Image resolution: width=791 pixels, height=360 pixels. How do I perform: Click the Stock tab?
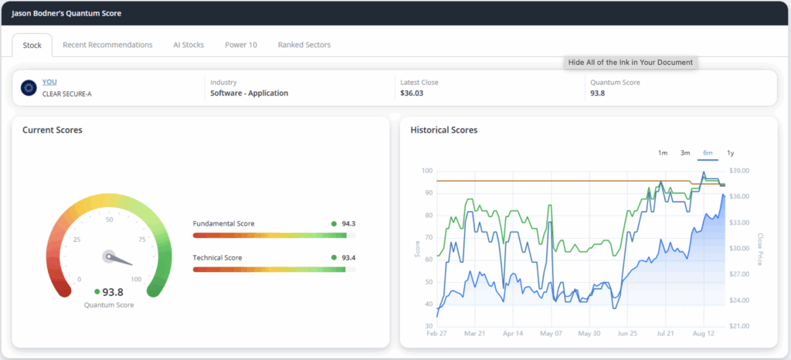(x=32, y=45)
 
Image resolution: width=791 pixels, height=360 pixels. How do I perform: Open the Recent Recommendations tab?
(x=107, y=45)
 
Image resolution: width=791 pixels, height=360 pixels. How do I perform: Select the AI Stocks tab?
(x=188, y=45)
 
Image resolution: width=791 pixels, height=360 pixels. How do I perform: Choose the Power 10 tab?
(x=241, y=45)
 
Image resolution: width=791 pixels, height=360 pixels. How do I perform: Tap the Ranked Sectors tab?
(x=304, y=45)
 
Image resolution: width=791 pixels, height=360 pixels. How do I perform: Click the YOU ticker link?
(x=49, y=82)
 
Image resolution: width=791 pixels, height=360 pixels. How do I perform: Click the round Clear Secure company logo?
(x=29, y=88)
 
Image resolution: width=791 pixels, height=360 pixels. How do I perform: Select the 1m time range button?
(x=662, y=153)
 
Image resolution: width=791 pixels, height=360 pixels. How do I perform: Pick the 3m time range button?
(x=685, y=153)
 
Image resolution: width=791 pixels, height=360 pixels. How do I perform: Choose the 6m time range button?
(x=708, y=153)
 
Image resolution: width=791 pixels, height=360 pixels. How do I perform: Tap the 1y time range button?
(x=731, y=153)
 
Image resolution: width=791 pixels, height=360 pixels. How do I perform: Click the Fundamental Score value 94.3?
(x=348, y=224)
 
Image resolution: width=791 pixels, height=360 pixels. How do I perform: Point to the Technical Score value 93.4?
(x=348, y=258)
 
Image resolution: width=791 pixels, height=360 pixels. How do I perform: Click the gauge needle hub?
(x=108, y=256)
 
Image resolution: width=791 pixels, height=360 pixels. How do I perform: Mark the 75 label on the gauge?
(x=142, y=239)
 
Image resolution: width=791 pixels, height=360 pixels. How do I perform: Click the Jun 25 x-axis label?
(x=627, y=334)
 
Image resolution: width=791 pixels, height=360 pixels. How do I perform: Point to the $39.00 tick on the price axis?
(x=739, y=171)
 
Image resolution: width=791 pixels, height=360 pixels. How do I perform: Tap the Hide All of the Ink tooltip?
(x=630, y=63)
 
